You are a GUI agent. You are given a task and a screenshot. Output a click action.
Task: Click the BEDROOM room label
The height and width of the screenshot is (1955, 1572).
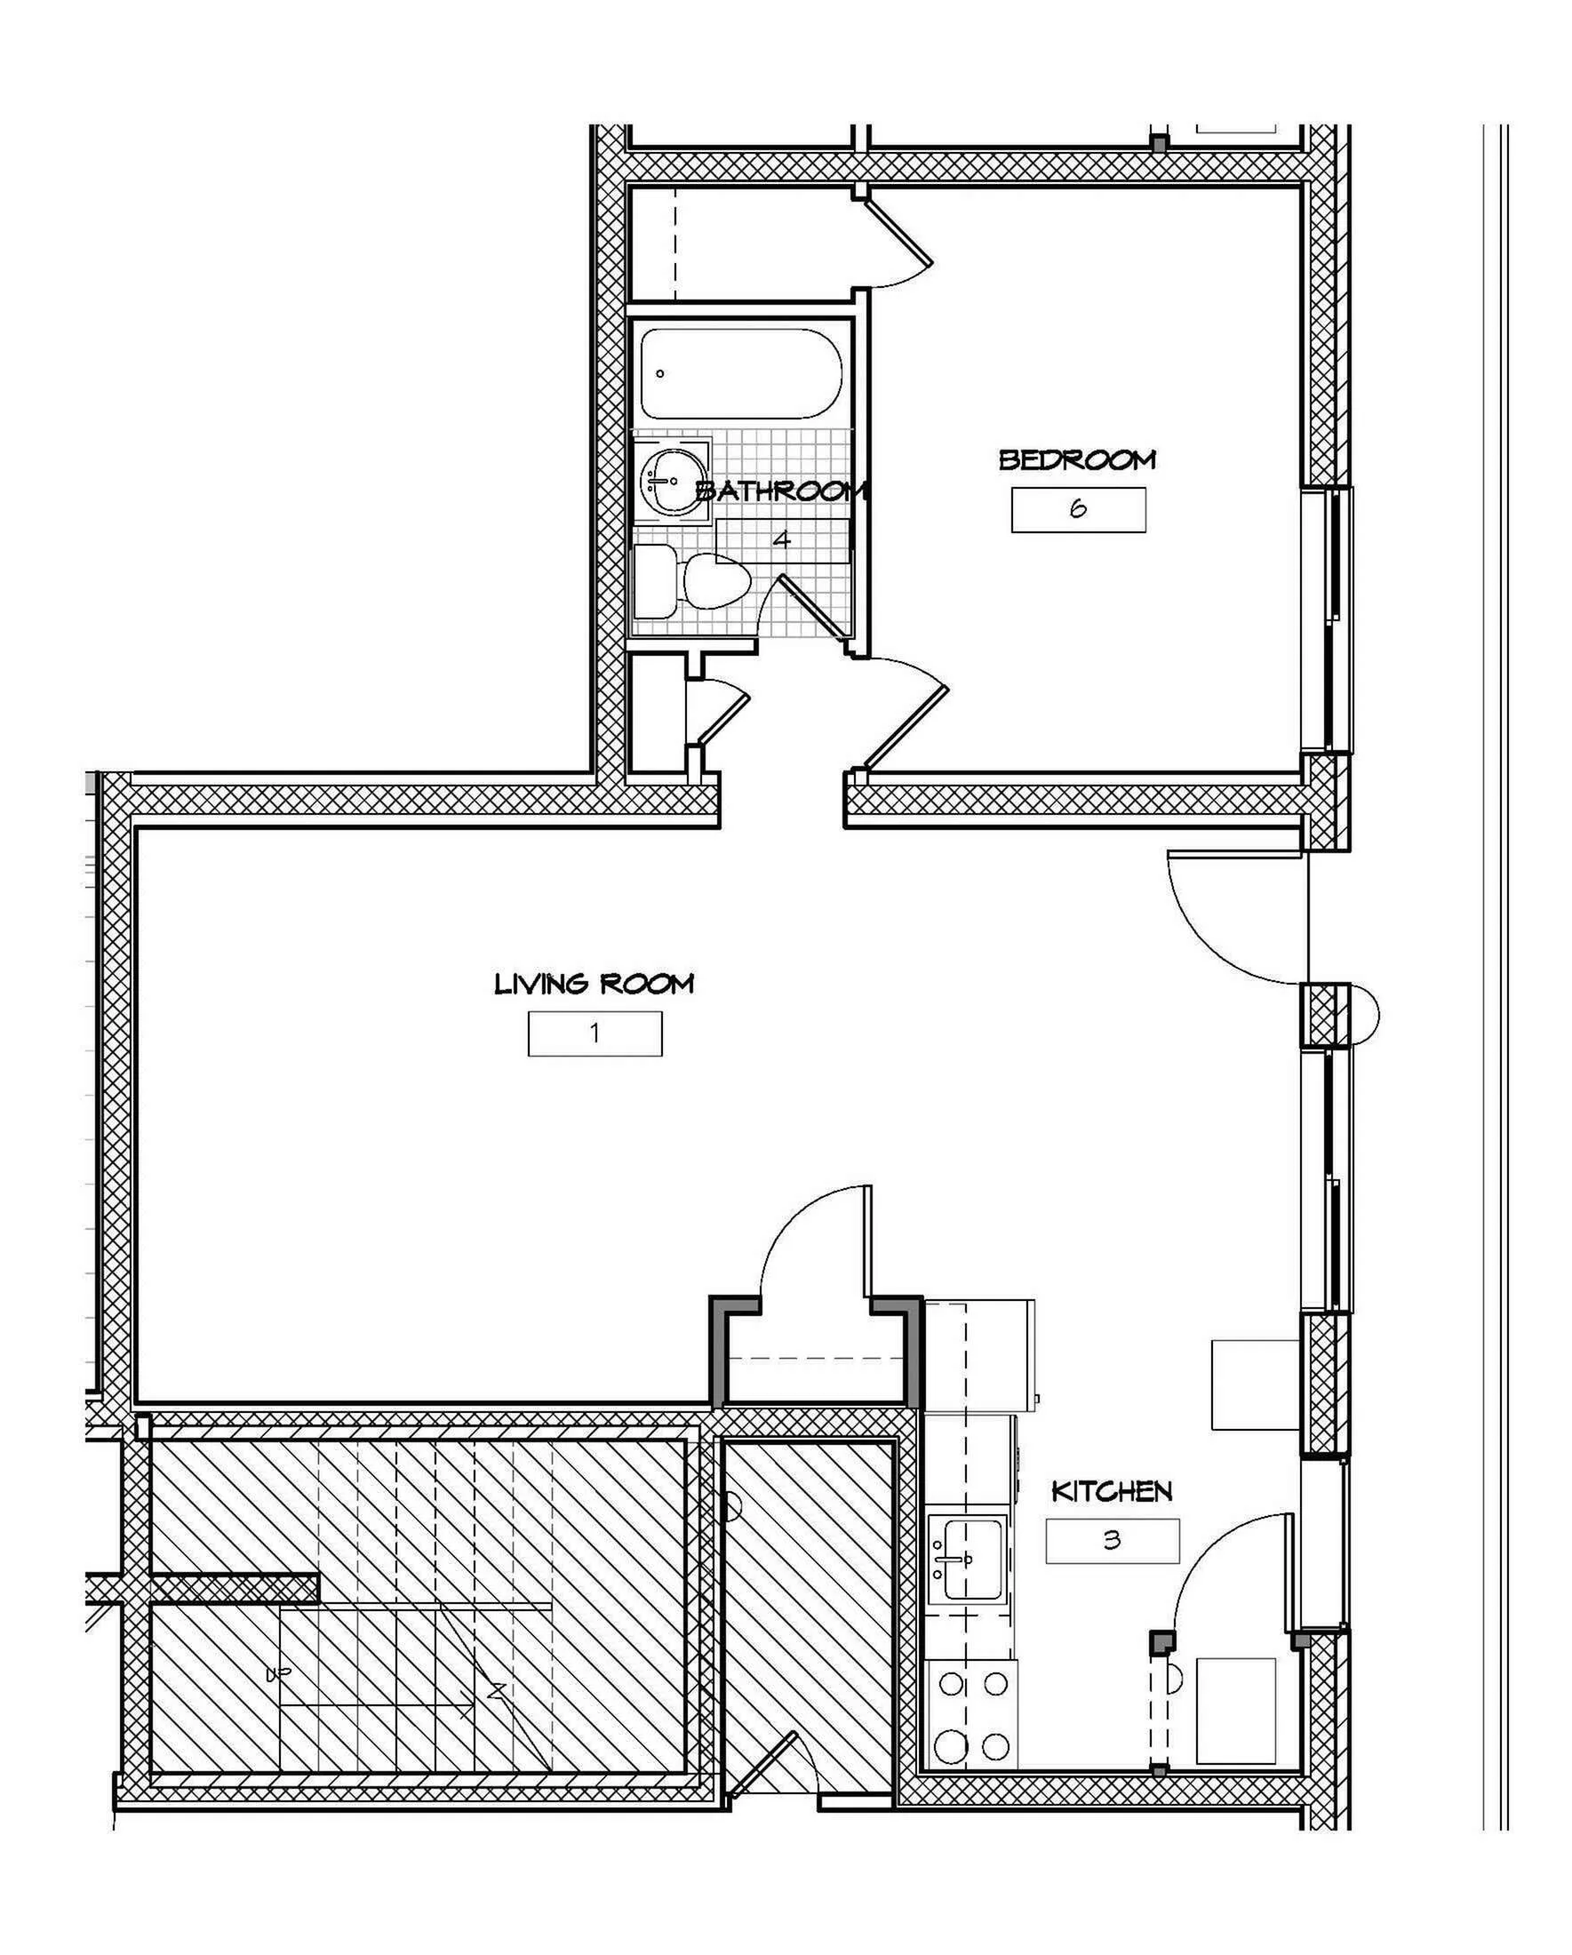click(x=1077, y=459)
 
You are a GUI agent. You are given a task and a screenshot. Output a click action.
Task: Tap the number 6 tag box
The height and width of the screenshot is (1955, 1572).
click(x=1078, y=509)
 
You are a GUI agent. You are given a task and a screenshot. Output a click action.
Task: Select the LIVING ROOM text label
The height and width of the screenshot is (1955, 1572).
click(x=594, y=983)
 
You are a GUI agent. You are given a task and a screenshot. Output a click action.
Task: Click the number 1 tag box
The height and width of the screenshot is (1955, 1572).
click(x=594, y=1033)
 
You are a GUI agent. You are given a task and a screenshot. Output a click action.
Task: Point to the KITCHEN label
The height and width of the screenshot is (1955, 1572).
click(x=1112, y=1491)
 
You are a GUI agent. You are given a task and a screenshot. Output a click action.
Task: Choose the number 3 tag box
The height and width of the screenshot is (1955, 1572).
click(x=1113, y=1541)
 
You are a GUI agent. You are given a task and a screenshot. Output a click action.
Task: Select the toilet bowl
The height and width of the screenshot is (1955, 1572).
click(x=715, y=581)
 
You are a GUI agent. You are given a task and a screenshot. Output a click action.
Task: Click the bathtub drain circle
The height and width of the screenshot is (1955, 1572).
click(x=660, y=373)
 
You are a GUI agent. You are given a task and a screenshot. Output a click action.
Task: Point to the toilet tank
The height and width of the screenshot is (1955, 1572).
click(x=655, y=581)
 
